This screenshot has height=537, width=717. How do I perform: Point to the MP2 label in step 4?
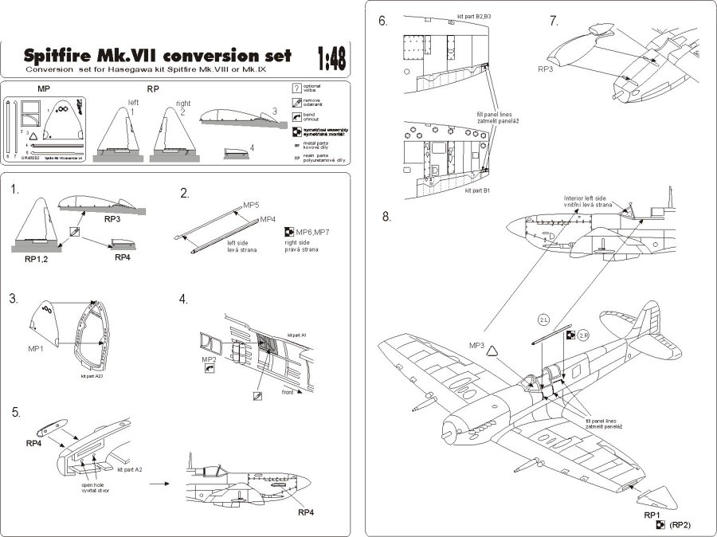pyautogui.click(x=210, y=359)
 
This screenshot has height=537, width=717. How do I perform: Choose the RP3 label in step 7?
pyautogui.click(x=545, y=69)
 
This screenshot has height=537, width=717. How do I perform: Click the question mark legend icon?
pyautogui.click(x=296, y=88)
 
